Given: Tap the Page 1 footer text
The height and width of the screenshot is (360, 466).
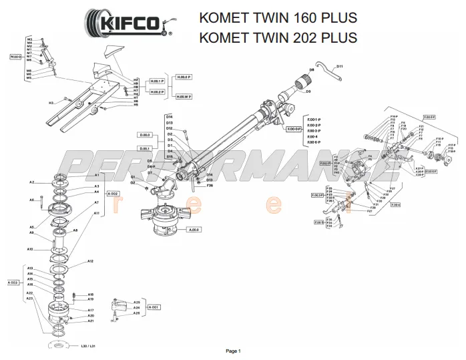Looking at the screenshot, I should tap(233, 351).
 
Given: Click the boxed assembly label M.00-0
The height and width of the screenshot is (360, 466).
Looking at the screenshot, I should tap(15, 57).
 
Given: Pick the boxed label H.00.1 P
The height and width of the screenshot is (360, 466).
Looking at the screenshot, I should tap(158, 81).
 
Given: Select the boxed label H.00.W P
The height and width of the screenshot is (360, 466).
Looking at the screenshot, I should tap(184, 96).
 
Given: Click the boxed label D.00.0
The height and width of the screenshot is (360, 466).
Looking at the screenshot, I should tap(145, 135).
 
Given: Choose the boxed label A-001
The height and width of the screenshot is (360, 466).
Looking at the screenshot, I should tap(153, 307).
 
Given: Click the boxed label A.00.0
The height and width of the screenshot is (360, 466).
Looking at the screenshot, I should tap(194, 230).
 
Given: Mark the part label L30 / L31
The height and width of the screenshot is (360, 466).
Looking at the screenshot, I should tap(88, 346).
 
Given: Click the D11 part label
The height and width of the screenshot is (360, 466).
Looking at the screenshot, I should tap(339, 66).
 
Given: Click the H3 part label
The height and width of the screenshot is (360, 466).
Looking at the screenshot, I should tap(51, 103).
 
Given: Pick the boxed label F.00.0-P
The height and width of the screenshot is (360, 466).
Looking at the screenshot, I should tap(294, 128).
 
